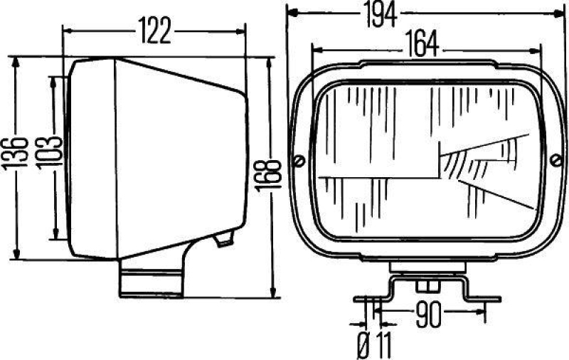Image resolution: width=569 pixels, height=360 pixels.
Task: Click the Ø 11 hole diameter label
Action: (374, 346)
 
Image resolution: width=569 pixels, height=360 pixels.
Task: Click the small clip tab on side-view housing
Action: (225, 239)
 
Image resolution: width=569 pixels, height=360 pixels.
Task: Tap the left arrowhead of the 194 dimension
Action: (290, 12)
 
